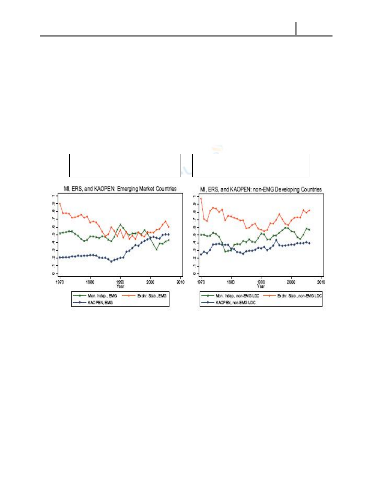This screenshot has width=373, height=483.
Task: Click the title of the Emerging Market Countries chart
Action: (120, 189)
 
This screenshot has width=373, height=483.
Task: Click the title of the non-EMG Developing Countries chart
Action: (261, 189)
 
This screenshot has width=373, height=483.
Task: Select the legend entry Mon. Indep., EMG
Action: (102, 296)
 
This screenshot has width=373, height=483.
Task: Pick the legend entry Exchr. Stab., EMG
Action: (152, 296)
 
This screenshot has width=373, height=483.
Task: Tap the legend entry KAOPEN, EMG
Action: (100, 302)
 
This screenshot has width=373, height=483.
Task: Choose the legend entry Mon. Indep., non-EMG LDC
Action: (237, 296)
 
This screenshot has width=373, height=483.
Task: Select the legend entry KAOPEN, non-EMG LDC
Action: (235, 302)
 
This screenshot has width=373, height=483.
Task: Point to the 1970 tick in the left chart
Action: (60, 282)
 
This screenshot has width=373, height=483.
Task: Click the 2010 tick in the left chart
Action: (181, 282)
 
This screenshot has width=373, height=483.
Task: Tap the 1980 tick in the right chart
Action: (231, 282)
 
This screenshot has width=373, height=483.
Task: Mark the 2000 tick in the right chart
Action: (291, 282)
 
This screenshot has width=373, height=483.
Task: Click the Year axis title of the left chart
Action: (120, 286)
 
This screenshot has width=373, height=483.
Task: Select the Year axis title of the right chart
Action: (261, 286)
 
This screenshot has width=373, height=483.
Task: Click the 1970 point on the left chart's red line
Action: (60, 203)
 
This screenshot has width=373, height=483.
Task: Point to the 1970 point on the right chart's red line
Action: (201, 199)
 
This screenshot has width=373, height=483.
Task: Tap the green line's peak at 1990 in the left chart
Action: (120, 224)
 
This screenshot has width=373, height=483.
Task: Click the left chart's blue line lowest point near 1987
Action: (111, 261)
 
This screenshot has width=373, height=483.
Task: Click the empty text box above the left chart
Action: (125, 165)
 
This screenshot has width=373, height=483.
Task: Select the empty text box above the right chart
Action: (251, 165)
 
